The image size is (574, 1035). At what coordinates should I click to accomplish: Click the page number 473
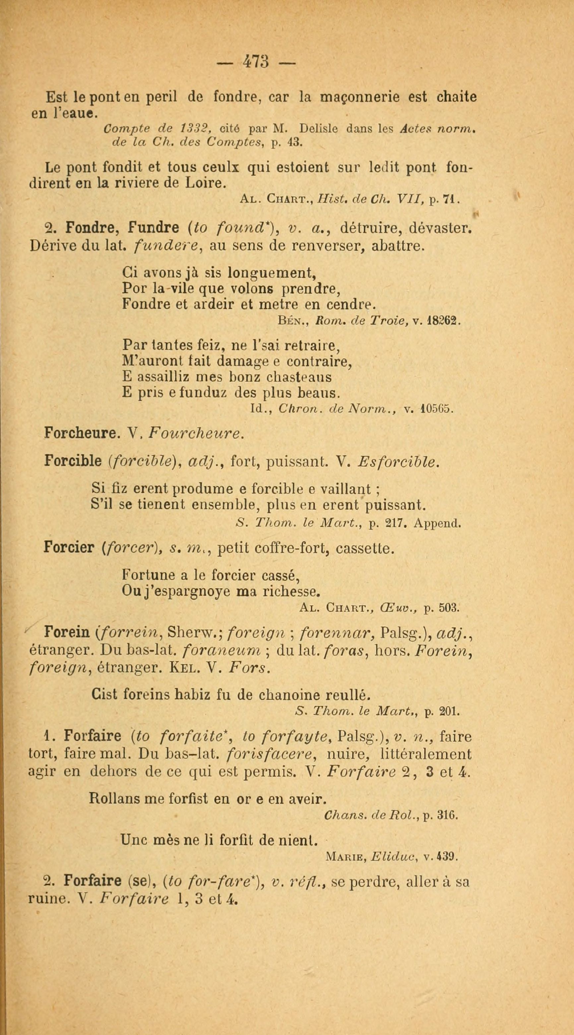(256, 62)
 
